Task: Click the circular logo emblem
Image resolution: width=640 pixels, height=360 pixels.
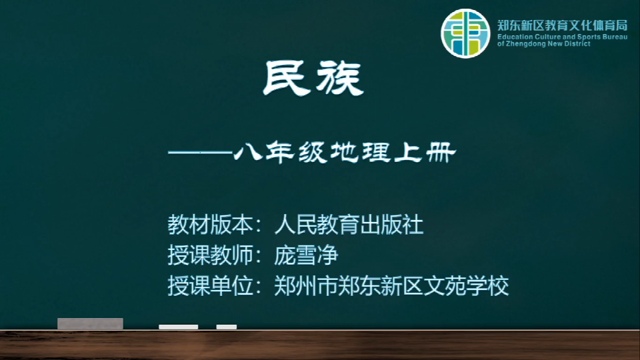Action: click(x=465, y=33)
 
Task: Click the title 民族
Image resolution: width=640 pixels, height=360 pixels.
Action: click(x=313, y=79)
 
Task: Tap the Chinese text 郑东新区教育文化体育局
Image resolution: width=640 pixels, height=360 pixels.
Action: click(x=562, y=25)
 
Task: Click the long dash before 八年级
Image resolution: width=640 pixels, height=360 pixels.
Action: click(x=201, y=153)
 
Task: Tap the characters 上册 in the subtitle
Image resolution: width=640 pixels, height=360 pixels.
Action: click(x=425, y=153)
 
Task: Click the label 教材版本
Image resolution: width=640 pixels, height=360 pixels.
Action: click(x=210, y=225)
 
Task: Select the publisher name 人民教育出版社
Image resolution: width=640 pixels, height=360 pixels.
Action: click(x=349, y=225)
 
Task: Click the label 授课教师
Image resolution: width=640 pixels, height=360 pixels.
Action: click(x=210, y=255)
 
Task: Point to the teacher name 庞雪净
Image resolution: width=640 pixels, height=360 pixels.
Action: click(x=306, y=255)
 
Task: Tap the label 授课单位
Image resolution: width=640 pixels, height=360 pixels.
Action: click(x=210, y=286)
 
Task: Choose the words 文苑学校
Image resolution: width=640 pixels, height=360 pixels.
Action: click(x=466, y=286)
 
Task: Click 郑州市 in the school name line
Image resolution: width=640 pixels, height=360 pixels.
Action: click(x=306, y=286)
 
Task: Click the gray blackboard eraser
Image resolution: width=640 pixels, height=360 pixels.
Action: click(x=90, y=323)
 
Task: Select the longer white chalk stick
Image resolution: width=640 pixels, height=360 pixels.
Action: click(x=179, y=327)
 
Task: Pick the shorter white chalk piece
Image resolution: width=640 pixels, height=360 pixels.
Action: click(x=227, y=327)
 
